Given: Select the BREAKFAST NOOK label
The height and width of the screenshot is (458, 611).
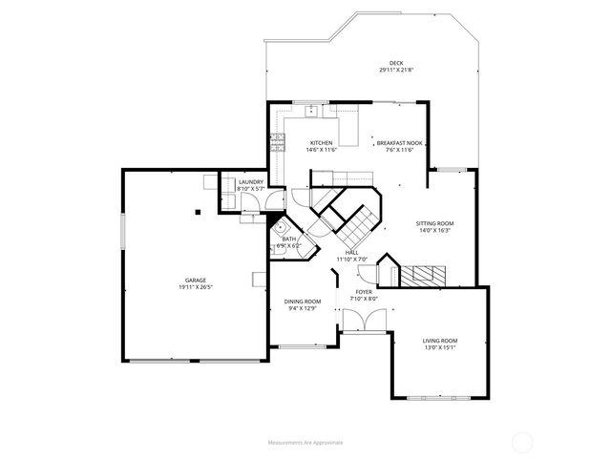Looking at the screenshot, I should point(399,143).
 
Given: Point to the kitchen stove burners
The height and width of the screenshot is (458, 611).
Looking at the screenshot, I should point(278,143).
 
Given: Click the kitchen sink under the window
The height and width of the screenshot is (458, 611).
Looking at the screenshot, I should point(312,112).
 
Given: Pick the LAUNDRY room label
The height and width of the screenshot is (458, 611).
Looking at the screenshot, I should point(251,181).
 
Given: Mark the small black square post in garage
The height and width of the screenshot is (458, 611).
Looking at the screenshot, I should point(198,212).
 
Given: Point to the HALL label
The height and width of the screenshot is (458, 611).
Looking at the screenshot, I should point(351,252).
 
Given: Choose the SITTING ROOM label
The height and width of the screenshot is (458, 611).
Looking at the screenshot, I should point(434,223).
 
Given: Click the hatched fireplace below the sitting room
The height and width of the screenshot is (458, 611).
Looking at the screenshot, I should point(419,276).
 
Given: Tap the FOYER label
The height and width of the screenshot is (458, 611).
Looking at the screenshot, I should point(364,292).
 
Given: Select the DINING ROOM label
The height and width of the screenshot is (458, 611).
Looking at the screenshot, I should point(302,302).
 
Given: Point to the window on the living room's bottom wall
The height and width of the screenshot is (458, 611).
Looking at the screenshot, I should point(440,396).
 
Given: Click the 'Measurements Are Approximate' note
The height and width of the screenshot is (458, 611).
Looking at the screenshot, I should point(305,443).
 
